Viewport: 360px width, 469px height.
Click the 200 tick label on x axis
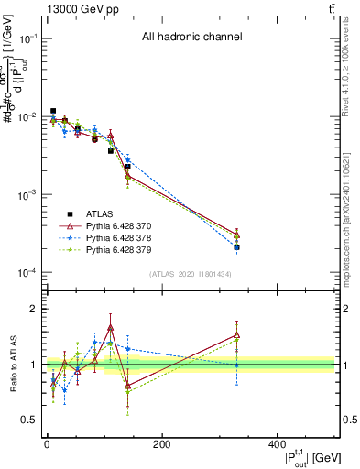coord(161,444)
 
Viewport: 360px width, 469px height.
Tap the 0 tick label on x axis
coord(47,444)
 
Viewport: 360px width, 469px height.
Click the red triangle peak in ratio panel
coord(110,327)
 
